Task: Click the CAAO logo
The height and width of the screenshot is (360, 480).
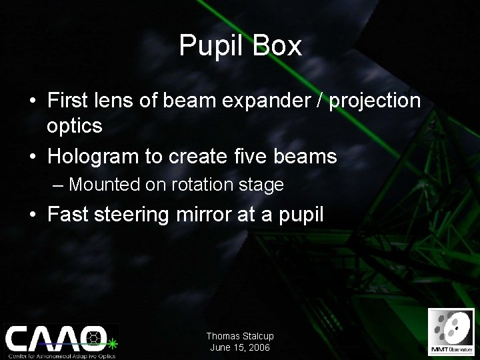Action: coord(60,339)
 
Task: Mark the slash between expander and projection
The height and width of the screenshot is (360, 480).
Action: coord(321,101)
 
